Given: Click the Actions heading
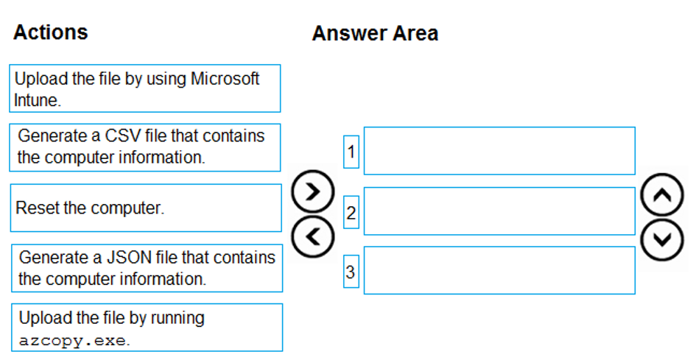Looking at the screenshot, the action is [x=51, y=32].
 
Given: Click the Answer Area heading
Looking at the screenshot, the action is [x=375, y=33].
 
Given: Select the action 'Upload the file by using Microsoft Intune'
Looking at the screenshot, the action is [x=144, y=88].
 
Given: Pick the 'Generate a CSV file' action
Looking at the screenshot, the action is [x=144, y=147].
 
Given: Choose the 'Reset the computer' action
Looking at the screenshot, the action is [x=146, y=208].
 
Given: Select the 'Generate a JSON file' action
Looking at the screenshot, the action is [x=147, y=268].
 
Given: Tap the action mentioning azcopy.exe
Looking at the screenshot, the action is [x=147, y=328].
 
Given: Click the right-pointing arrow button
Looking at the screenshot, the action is [x=312, y=191].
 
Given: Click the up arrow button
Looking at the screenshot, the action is [x=662, y=195].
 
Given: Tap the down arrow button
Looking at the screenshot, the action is [x=662, y=239].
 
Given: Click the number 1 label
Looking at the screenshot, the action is [x=351, y=152].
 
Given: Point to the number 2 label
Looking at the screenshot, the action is [x=351, y=213].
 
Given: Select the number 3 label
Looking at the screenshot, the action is [x=351, y=271].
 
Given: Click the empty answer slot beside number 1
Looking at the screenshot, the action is [x=499, y=151].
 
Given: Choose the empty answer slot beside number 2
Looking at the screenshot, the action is [x=499, y=211].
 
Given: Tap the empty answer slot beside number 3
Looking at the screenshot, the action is [x=499, y=270].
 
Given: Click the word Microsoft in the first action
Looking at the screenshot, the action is [x=225, y=79].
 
